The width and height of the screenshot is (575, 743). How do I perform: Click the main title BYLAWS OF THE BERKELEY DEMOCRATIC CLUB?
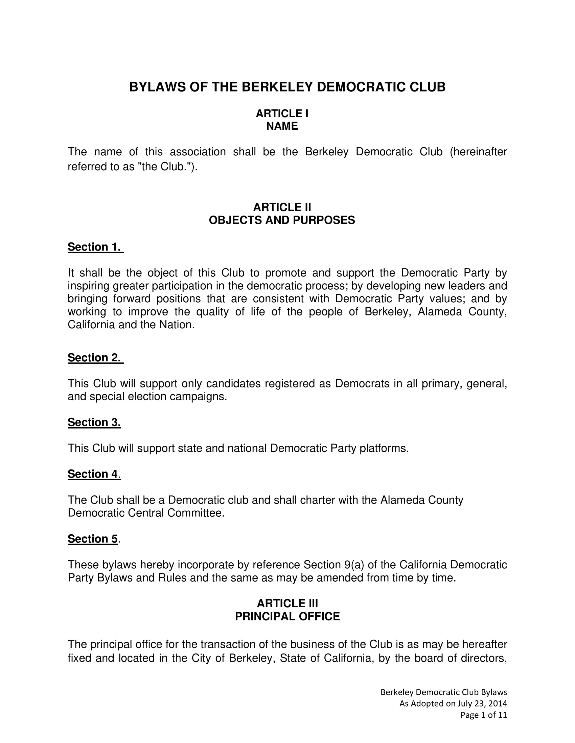pyautogui.click(x=287, y=87)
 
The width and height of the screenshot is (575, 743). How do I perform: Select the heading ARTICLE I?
pyautogui.click(x=282, y=113)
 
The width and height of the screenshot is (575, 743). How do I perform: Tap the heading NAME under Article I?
pyautogui.click(x=282, y=126)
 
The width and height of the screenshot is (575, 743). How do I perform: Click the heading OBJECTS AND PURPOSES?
pyautogui.click(x=282, y=220)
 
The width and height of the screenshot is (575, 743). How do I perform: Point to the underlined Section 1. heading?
pyautogui.click(x=94, y=247)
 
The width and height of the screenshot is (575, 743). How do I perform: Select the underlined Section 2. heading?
pyautogui.click(x=94, y=358)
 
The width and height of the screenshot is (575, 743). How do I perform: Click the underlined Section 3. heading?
pyautogui.click(x=94, y=422)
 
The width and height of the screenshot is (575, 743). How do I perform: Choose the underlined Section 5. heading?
pyautogui.click(x=93, y=539)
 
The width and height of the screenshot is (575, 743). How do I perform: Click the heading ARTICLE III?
pyautogui.click(x=287, y=603)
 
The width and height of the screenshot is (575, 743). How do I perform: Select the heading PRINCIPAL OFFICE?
pyautogui.click(x=287, y=616)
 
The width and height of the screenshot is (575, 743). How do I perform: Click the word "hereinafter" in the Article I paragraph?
pyautogui.click(x=478, y=152)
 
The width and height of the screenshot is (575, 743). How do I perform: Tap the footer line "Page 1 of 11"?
pyautogui.click(x=483, y=715)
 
